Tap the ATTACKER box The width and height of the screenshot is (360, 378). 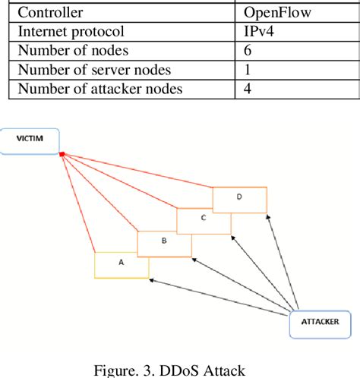point(321,325)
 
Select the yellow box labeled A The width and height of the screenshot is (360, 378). point(121,264)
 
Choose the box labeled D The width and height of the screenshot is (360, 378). point(240,199)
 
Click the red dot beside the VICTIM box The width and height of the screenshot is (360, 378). point(61,154)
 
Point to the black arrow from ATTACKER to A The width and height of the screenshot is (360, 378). point(220,296)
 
